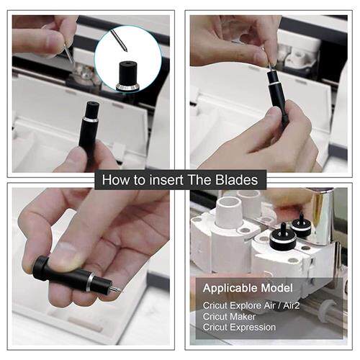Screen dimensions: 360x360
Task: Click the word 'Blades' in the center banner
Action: point(237,180)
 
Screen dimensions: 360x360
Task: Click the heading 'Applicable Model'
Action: point(248,288)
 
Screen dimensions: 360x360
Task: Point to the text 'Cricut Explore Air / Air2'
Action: point(251,306)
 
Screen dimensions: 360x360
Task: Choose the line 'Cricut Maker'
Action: point(229,317)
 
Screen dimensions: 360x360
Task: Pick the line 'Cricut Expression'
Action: point(239,328)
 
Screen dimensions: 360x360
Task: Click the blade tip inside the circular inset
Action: point(125,49)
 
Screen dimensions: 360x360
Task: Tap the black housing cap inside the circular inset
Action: point(128,75)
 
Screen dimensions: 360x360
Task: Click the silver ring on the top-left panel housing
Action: point(91,120)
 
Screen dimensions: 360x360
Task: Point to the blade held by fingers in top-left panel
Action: point(68,53)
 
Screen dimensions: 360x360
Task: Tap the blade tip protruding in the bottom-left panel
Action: point(117,289)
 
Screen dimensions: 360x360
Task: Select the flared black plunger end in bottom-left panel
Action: point(40,269)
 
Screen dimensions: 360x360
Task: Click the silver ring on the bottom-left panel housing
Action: point(91,282)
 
